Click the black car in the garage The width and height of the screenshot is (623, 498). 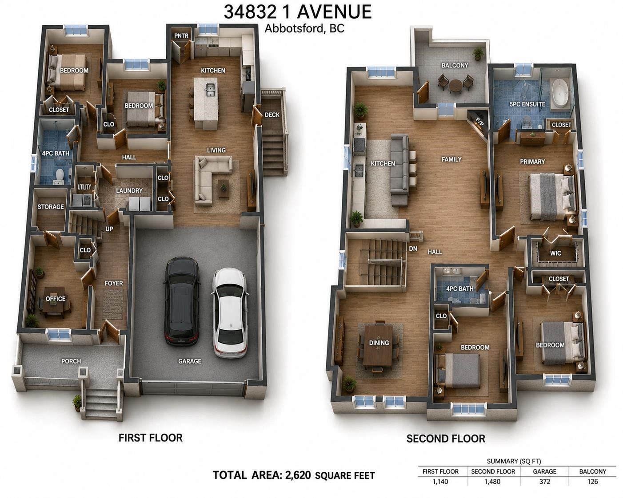click(182, 301)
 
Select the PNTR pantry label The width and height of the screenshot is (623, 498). click(181, 36)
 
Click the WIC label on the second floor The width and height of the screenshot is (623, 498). click(555, 253)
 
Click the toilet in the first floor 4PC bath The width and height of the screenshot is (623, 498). click(60, 175)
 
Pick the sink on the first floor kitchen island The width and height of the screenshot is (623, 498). click(210, 90)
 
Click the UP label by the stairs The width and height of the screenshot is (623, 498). click(109, 229)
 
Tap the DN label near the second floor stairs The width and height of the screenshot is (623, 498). click(413, 249)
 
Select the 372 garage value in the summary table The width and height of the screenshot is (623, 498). click(544, 482)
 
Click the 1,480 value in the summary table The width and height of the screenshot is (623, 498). click(492, 482)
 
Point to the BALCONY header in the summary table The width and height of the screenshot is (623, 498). click(592, 471)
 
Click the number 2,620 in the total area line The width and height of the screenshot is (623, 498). click(298, 475)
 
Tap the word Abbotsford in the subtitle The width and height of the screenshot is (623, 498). click(295, 28)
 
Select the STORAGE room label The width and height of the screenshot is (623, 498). click(51, 206)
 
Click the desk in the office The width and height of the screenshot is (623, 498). click(54, 303)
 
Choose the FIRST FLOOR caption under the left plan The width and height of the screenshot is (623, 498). click(151, 438)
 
